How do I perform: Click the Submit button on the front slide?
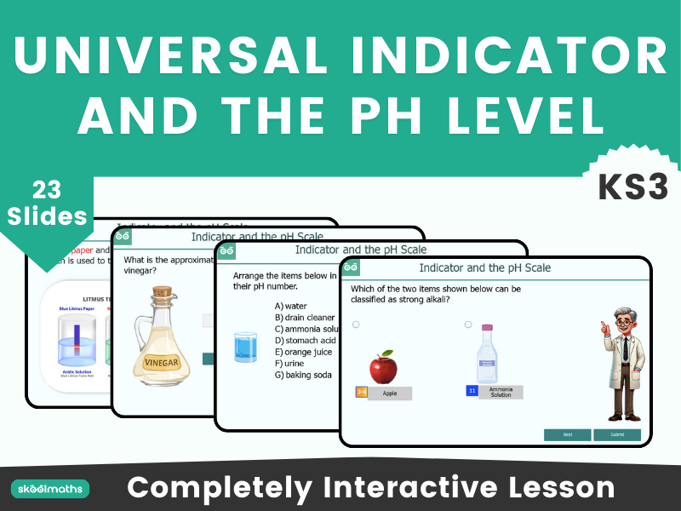(617, 434)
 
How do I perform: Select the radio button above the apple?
(356, 324)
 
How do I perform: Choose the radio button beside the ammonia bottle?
(468, 324)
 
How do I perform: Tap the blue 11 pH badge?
(472, 391)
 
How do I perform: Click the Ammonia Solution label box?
(501, 392)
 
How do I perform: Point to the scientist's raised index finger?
(603, 324)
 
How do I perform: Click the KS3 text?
(632, 187)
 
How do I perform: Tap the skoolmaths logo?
(50, 489)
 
